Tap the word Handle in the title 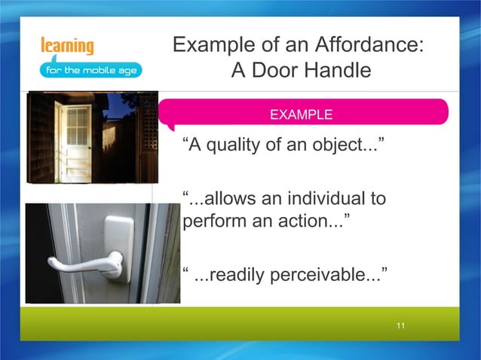click(336, 71)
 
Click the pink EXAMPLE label click(301, 115)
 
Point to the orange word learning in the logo click(68, 46)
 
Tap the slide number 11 click(400, 325)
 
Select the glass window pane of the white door click(78, 126)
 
